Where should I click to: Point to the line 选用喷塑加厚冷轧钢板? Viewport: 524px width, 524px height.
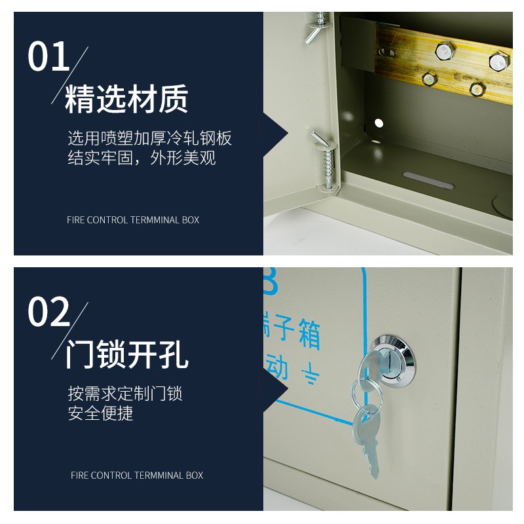(x=149, y=138)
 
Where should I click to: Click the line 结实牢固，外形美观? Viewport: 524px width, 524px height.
(x=141, y=158)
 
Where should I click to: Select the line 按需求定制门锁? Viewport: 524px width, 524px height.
(x=125, y=394)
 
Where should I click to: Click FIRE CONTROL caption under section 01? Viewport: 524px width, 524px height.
(x=133, y=220)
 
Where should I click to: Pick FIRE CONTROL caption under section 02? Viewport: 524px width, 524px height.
(x=137, y=476)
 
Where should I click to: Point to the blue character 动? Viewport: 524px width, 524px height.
(x=276, y=371)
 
